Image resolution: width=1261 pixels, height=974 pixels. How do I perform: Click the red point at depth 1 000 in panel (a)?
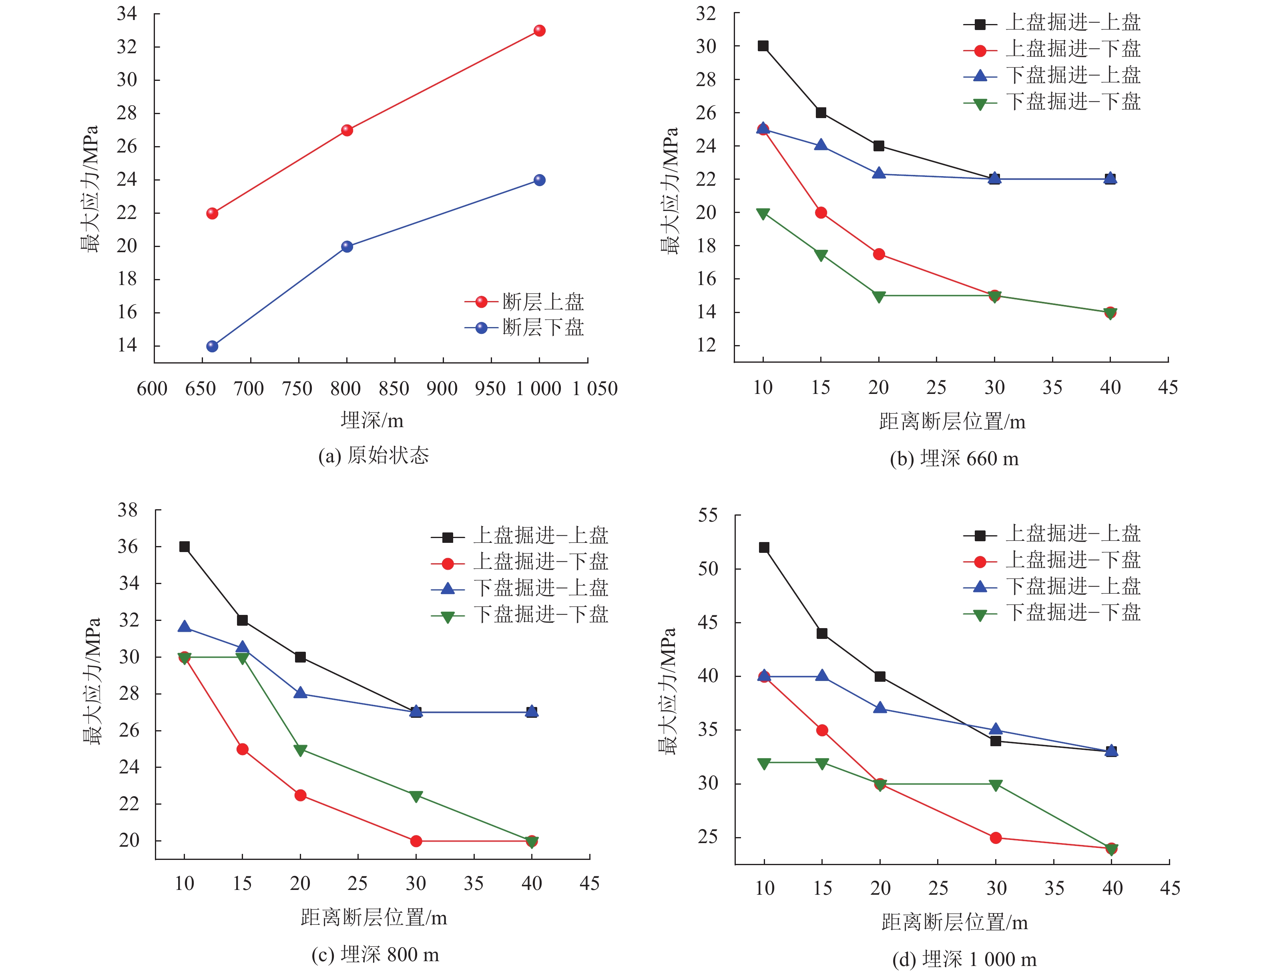(539, 30)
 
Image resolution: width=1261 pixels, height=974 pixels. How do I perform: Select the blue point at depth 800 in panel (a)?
(347, 247)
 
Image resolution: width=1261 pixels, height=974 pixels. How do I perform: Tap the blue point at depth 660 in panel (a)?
(212, 346)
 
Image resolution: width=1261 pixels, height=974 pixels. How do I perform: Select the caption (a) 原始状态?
(373, 456)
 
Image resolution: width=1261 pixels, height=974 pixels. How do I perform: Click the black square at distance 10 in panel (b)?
(763, 46)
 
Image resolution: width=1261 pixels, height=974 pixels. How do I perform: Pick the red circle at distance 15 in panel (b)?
(821, 213)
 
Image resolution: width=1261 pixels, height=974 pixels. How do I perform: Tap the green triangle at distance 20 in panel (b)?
(879, 297)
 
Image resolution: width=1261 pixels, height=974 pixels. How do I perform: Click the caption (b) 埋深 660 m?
(954, 458)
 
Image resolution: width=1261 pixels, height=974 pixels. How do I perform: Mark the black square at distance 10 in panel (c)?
(184, 546)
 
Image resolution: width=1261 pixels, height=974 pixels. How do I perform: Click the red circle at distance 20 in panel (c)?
(300, 795)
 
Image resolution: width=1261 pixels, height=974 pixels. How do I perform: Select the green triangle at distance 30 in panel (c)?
(416, 796)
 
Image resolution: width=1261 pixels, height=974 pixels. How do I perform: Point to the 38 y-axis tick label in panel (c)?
(128, 510)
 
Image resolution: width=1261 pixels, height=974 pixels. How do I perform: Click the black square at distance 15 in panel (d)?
(821, 633)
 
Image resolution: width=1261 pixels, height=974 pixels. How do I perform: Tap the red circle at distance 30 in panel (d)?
(996, 838)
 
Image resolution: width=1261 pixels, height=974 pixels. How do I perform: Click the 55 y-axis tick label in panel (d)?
(708, 515)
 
